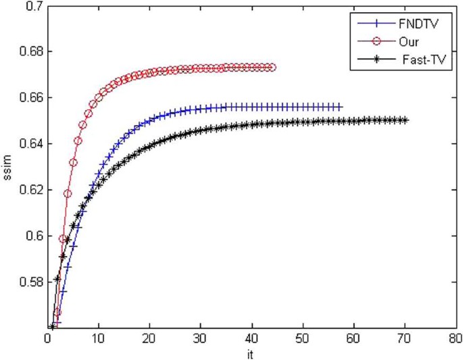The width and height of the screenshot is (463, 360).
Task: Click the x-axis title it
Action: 251,352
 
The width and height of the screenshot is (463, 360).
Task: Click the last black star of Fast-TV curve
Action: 405,120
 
